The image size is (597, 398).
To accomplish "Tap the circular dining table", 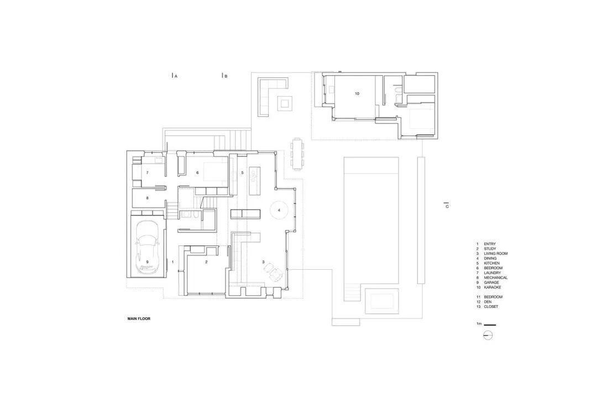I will pyautogui.click(x=280, y=210).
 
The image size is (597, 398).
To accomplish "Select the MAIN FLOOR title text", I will pyautogui.click(x=139, y=318).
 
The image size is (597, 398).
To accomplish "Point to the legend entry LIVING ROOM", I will pyautogui.click(x=495, y=254).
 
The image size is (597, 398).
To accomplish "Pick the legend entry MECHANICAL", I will pyautogui.click(x=495, y=277).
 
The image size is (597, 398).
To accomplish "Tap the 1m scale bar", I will pyautogui.click(x=489, y=324).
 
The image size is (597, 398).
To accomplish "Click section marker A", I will pyautogui.click(x=174, y=76).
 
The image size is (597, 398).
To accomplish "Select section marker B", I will pyautogui.click(x=224, y=76).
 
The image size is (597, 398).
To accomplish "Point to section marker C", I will pyautogui.click(x=447, y=206).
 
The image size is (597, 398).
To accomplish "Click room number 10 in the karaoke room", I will pyautogui.click(x=357, y=94).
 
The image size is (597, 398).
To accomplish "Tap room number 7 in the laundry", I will pyautogui.click(x=148, y=173).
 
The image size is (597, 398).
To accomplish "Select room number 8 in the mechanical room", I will pyautogui.click(x=148, y=197).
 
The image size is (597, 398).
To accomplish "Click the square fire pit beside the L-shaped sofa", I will pyautogui.click(x=285, y=102).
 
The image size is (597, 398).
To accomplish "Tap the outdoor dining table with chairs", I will pyautogui.click(x=297, y=154).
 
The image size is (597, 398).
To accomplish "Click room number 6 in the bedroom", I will pyautogui.click(x=197, y=173).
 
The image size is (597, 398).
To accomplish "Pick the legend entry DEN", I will pyautogui.click(x=488, y=302).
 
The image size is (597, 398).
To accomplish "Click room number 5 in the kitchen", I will pyautogui.click(x=242, y=173).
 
